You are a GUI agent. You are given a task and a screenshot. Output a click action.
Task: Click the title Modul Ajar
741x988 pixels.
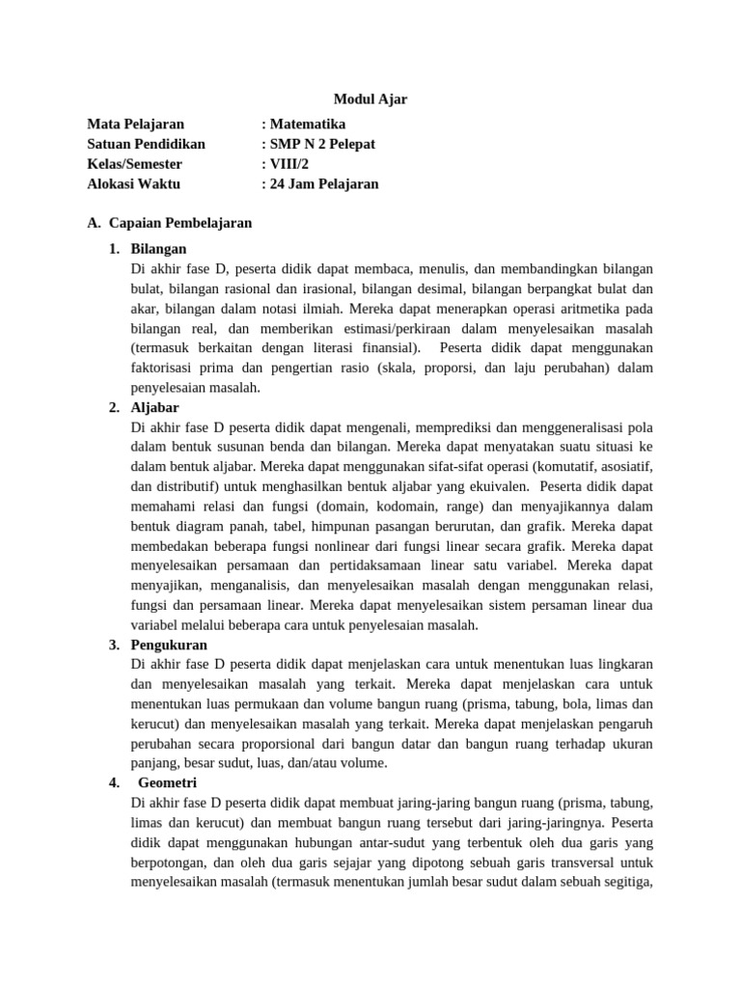point(370,98)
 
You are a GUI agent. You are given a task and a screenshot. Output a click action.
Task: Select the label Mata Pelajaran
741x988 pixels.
point(135,123)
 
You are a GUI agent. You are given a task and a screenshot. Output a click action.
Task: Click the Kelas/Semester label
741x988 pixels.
point(134,164)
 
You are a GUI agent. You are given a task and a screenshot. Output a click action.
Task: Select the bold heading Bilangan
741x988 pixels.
point(158,249)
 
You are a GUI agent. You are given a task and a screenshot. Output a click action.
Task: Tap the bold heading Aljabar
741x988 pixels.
point(154,407)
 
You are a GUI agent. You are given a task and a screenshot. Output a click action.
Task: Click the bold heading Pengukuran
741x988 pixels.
point(169,645)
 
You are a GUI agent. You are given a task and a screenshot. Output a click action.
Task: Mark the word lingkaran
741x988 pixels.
point(622,664)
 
